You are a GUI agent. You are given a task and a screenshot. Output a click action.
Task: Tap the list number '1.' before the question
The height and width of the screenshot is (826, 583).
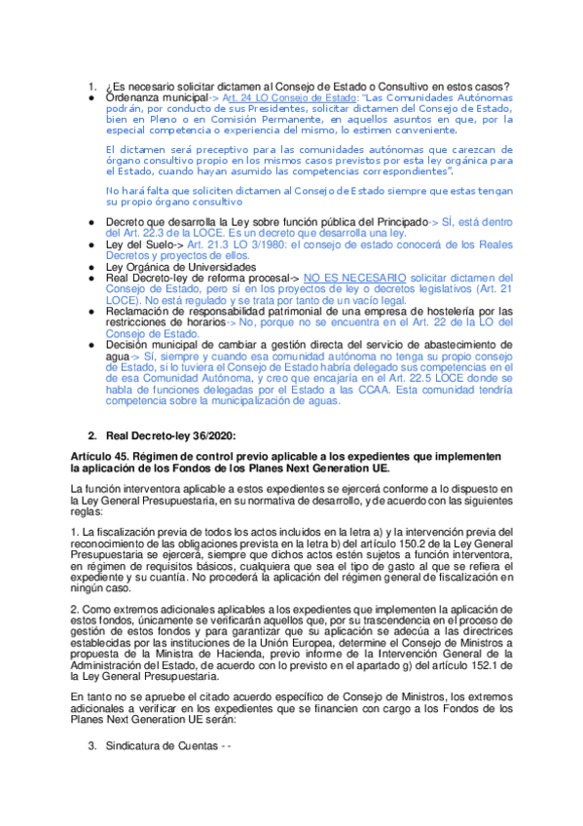(x=92, y=87)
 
